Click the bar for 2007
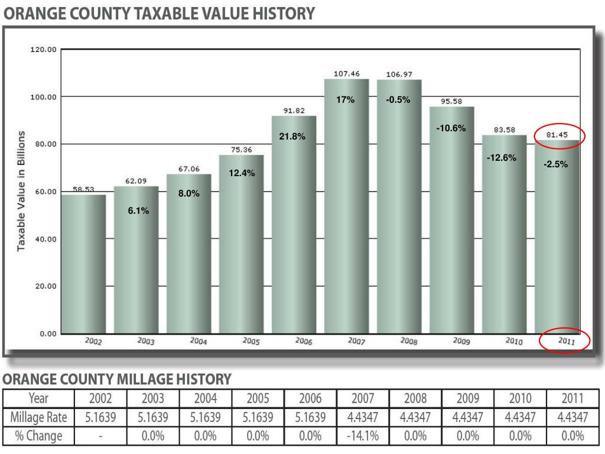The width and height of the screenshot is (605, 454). point(346,207)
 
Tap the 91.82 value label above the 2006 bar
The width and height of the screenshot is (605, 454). point(294,111)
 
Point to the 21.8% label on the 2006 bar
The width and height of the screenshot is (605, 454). point(292,137)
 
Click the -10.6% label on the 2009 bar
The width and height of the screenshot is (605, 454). point(451,128)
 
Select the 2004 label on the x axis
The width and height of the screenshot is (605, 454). point(198,341)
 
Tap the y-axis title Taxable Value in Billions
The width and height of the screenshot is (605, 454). point(21,191)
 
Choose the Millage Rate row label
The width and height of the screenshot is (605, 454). point(39,417)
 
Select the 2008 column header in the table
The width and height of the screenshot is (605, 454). point(415,398)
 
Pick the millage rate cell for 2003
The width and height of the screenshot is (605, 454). point(152,417)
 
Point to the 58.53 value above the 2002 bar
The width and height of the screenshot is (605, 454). point(83,189)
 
